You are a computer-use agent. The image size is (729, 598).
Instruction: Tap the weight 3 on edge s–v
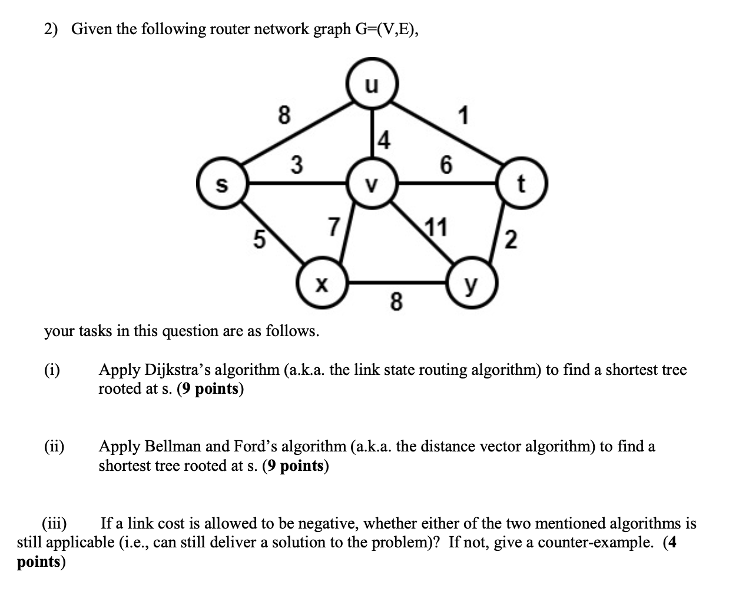pos(297,164)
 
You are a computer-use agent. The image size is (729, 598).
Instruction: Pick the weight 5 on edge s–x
pos(257,240)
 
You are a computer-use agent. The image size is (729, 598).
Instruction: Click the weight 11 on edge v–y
pos(436,227)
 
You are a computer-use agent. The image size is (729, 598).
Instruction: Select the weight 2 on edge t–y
pos(511,240)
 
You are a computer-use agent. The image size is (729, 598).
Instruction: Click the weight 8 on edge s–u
pos(284,116)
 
